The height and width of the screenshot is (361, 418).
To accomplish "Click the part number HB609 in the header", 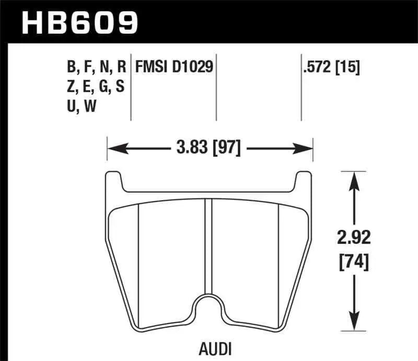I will (78, 22).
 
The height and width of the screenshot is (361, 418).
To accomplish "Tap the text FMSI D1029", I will (174, 67).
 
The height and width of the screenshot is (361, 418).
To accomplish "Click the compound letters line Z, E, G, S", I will (95, 86).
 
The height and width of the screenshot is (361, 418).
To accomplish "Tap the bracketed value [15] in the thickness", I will (348, 67).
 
